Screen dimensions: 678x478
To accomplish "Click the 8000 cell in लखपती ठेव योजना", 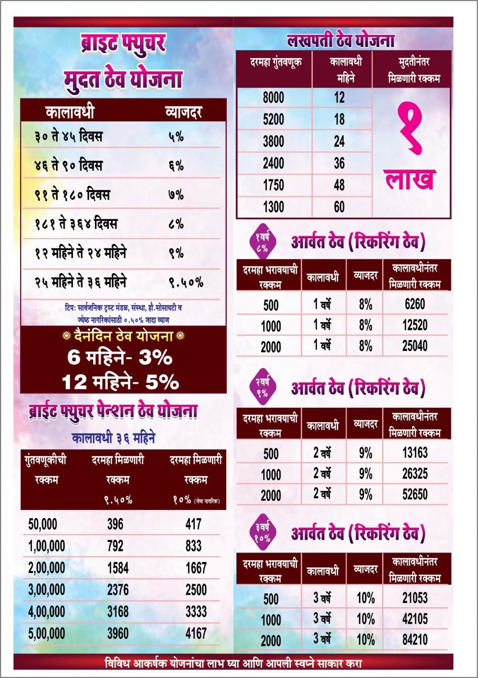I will (x=273, y=97).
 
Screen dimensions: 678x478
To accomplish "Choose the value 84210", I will (x=415, y=640).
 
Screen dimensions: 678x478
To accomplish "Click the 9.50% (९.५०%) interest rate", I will (x=185, y=282).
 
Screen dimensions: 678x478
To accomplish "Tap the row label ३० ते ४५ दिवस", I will (x=68, y=137).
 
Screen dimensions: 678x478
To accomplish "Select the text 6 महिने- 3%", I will (x=120, y=358).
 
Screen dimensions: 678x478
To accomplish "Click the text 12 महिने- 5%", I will (x=120, y=381).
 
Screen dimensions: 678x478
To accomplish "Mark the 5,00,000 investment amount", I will (x=47, y=633).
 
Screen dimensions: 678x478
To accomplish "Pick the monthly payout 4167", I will (x=196, y=633).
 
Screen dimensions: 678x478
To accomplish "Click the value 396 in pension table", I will (x=115, y=524).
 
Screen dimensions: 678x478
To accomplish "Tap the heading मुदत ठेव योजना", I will (x=123, y=81).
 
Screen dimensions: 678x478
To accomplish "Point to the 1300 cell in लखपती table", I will (x=273, y=207).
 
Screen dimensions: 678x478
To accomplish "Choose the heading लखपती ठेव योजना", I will (x=341, y=40).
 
